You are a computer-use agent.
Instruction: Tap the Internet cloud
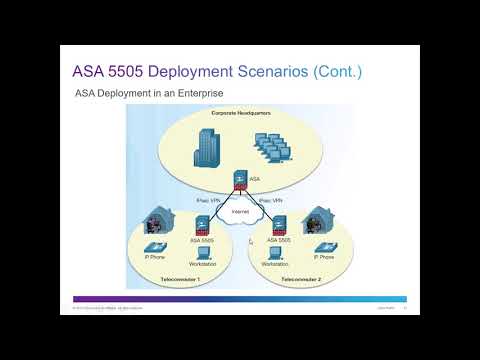tap(238, 213)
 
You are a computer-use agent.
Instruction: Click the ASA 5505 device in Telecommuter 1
tap(199, 228)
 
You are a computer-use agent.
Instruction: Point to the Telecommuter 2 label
tap(301, 279)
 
